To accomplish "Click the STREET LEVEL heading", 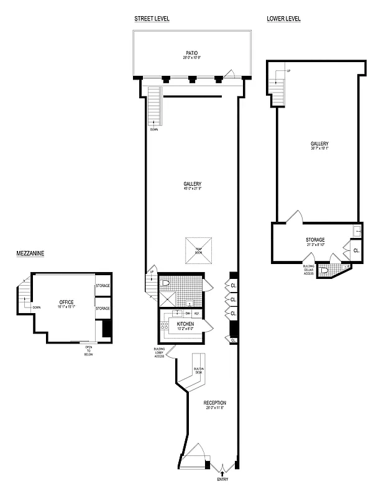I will [152, 19].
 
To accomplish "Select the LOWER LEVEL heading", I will [283, 19].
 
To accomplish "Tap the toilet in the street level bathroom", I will [165, 283].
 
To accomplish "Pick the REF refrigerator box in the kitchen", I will [196, 313].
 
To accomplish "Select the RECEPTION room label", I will [215, 403].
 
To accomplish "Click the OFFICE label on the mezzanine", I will [66, 303].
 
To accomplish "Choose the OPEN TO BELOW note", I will [88, 352].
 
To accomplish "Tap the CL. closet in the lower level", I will [356, 250].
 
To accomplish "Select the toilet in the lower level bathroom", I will [324, 270].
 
